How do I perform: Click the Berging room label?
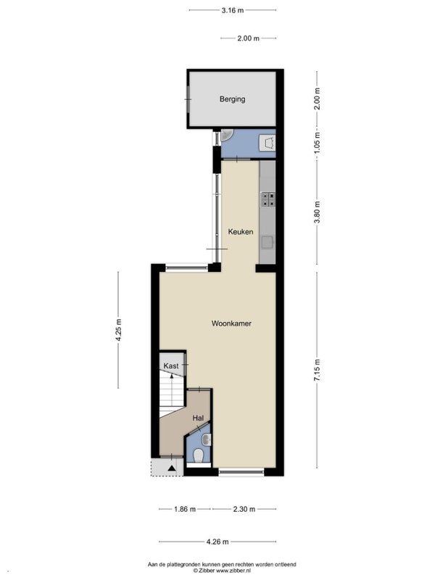pyautogui.click(x=232, y=99)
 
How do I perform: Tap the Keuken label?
pyautogui.click(x=241, y=232)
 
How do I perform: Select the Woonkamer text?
pyautogui.click(x=231, y=323)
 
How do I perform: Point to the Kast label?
pyautogui.click(x=171, y=366)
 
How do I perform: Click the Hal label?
pyautogui.click(x=198, y=418)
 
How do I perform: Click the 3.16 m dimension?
pyautogui.click(x=233, y=10)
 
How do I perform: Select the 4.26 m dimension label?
pyautogui.click(x=217, y=542)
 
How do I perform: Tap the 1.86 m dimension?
pyautogui.click(x=185, y=510)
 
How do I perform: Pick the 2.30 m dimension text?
pyautogui.click(x=244, y=510)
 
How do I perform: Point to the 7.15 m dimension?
pyautogui.click(x=317, y=370)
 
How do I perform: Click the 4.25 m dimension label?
pyautogui.click(x=118, y=330)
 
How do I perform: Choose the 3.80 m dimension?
pyautogui.click(x=317, y=212)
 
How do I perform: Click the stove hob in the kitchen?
pyautogui.click(x=268, y=199)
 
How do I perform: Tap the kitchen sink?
pyautogui.click(x=268, y=242)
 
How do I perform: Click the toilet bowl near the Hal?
pyautogui.click(x=199, y=456)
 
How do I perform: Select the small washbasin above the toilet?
pyautogui.click(x=207, y=440)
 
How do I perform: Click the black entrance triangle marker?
pyautogui.click(x=172, y=468)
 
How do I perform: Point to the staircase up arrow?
pyautogui.click(x=172, y=389)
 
